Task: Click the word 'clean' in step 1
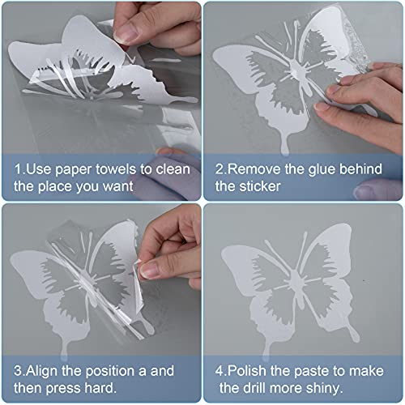point(173,170)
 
